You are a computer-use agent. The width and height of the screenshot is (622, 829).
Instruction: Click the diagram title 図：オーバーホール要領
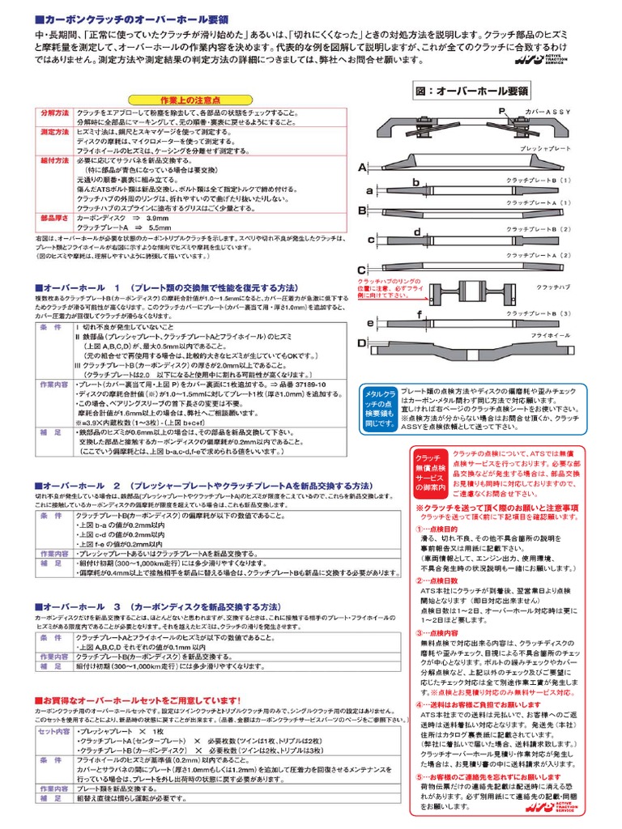tap(471, 91)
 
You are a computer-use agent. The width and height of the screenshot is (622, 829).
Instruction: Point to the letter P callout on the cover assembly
tap(501, 110)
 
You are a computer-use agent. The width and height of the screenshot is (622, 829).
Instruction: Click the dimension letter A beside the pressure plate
tap(362, 168)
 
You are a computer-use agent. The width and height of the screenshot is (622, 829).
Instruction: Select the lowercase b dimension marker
tap(415, 183)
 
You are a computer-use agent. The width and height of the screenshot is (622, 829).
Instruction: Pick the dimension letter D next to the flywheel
tap(363, 343)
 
